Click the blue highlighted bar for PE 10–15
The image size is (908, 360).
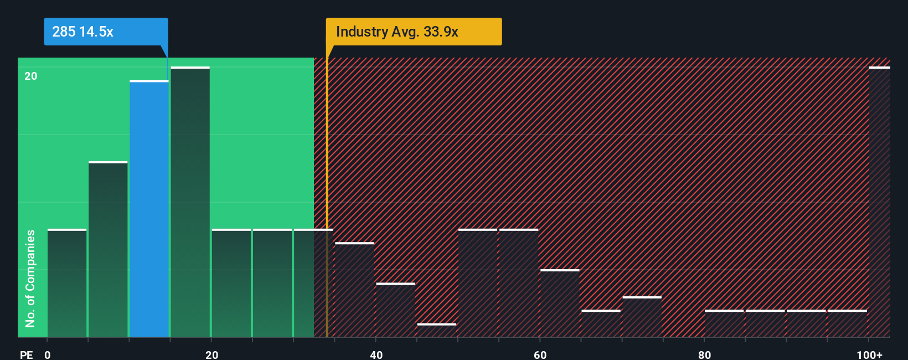(149, 209)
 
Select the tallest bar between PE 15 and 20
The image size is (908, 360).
(190, 202)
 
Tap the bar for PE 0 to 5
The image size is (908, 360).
(67, 283)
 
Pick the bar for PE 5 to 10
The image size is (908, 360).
(108, 249)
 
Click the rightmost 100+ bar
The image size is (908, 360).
(879, 202)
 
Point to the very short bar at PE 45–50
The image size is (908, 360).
(437, 330)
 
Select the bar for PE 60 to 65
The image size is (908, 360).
(560, 304)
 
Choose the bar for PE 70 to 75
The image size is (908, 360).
(642, 317)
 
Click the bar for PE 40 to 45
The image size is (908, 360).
(395, 310)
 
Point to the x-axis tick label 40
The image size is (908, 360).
(376, 354)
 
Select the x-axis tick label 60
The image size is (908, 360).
(540, 354)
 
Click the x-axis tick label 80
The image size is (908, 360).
(704, 354)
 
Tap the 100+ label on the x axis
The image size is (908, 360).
(869, 354)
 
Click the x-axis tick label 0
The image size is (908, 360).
(48, 354)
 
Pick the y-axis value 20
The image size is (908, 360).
(31, 76)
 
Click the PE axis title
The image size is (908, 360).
(26, 354)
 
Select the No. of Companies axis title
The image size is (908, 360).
(30, 278)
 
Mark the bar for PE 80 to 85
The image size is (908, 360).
(724, 323)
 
